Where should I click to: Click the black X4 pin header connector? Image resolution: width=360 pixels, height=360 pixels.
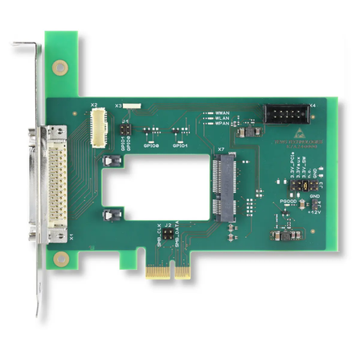pyautogui.click(x=285, y=114)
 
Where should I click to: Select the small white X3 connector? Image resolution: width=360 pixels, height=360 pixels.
pyautogui.click(x=129, y=105)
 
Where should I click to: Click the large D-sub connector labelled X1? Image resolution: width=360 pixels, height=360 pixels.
pyautogui.click(x=55, y=183)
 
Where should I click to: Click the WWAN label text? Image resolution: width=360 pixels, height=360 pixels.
pyautogui.click(x=223, y=112)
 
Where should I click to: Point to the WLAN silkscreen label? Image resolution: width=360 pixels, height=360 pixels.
pyautogui.click(x=223, y=119)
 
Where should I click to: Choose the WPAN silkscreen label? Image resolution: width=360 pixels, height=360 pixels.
pyautogui.click(x=223, y=125)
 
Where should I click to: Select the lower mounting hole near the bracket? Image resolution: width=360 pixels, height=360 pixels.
pyautogui.click(x=60, y=259)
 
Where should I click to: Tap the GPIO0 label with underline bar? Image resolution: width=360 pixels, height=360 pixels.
pyautogui.click(x=150, y=145)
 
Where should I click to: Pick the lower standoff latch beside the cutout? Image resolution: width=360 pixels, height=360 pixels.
pyautogui.click(x=112, y=215)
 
